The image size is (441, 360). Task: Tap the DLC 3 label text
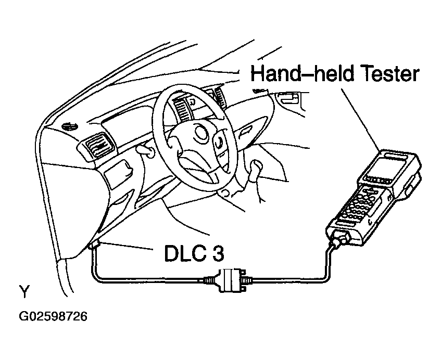(194, 253)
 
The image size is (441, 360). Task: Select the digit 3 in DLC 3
(218, 253)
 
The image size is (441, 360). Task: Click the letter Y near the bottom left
(24, 291)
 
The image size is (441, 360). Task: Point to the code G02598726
(53, 316)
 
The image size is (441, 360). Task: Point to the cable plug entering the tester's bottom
(341, 239)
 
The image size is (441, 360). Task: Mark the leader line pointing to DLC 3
(127, 246)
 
